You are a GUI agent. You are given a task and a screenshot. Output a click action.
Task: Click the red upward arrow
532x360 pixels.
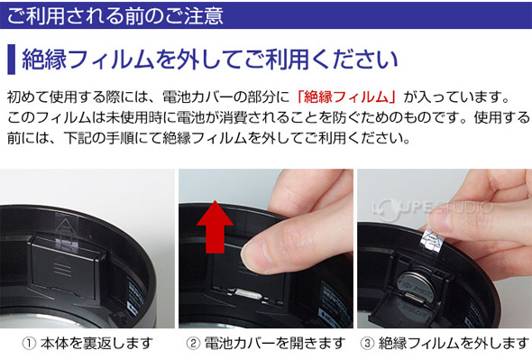pos(215,226)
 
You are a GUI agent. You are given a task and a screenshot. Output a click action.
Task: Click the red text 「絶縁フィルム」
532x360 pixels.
pos(346,97)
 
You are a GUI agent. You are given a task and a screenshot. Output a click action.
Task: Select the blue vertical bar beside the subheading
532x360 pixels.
pos(11,59)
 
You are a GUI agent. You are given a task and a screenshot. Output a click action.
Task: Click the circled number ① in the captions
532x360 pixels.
pos(29,344)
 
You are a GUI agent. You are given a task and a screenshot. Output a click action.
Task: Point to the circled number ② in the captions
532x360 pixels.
pos(193,344)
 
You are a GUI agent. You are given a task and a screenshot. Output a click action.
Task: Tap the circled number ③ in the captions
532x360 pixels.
pos(367,344)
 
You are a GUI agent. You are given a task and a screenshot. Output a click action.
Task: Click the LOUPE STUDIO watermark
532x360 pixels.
pos(432,208)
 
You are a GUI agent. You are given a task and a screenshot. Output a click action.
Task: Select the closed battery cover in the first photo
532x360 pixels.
pos(66,268)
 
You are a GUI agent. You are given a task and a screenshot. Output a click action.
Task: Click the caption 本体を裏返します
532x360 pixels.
pos(97,344)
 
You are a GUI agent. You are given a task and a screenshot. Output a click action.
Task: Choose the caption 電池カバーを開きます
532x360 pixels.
pos(275,344)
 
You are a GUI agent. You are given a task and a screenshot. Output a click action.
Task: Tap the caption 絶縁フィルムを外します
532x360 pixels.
pos(454,344)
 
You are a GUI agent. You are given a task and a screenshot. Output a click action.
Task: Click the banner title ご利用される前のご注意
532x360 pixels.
pos(115,15)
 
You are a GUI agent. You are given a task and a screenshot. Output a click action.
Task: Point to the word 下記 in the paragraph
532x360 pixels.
pos(78,137)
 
